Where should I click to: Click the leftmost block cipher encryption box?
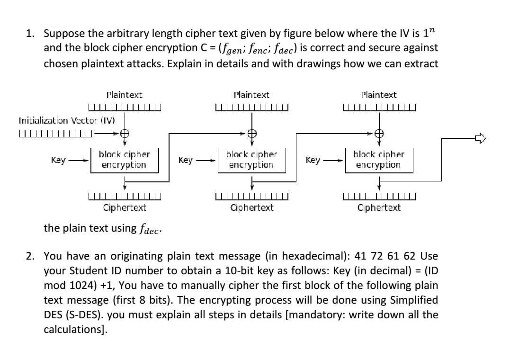point(124,160)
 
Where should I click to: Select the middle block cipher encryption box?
point(251,160)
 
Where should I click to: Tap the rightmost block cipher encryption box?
point(378,160)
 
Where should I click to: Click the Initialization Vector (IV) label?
point(67,120)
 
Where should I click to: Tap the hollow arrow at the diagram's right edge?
point(480,138)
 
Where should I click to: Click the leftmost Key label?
point(58,160)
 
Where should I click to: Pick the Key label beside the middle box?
point(186,160)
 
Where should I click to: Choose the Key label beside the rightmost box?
point(313,160)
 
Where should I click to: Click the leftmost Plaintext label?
point(124,95)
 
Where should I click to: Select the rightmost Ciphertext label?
point(379,207)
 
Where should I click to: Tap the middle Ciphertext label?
point(251,207)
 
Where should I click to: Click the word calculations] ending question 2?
point(76,330)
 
